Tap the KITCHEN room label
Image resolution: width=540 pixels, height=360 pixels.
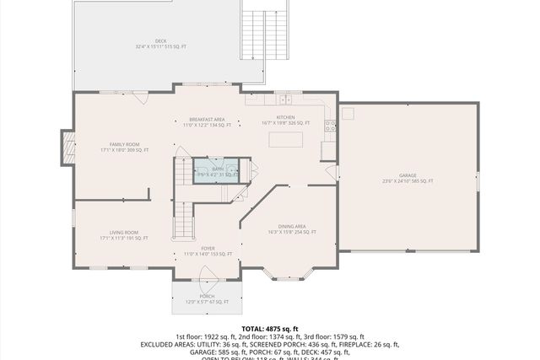pyautogui.click(x=286, y=121)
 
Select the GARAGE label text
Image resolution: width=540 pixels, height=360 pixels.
pyautogui.click(x=408, y=178)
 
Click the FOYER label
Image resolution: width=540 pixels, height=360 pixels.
pyautogui.click(x=208, y=250)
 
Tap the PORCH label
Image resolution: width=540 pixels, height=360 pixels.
pyautogui.click(x=208, y=298)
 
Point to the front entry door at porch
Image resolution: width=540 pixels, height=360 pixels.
pyautogui.click(x=208, y=274)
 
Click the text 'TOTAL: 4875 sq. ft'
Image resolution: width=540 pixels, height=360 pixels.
pyautogui.click(x=270, y=328)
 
